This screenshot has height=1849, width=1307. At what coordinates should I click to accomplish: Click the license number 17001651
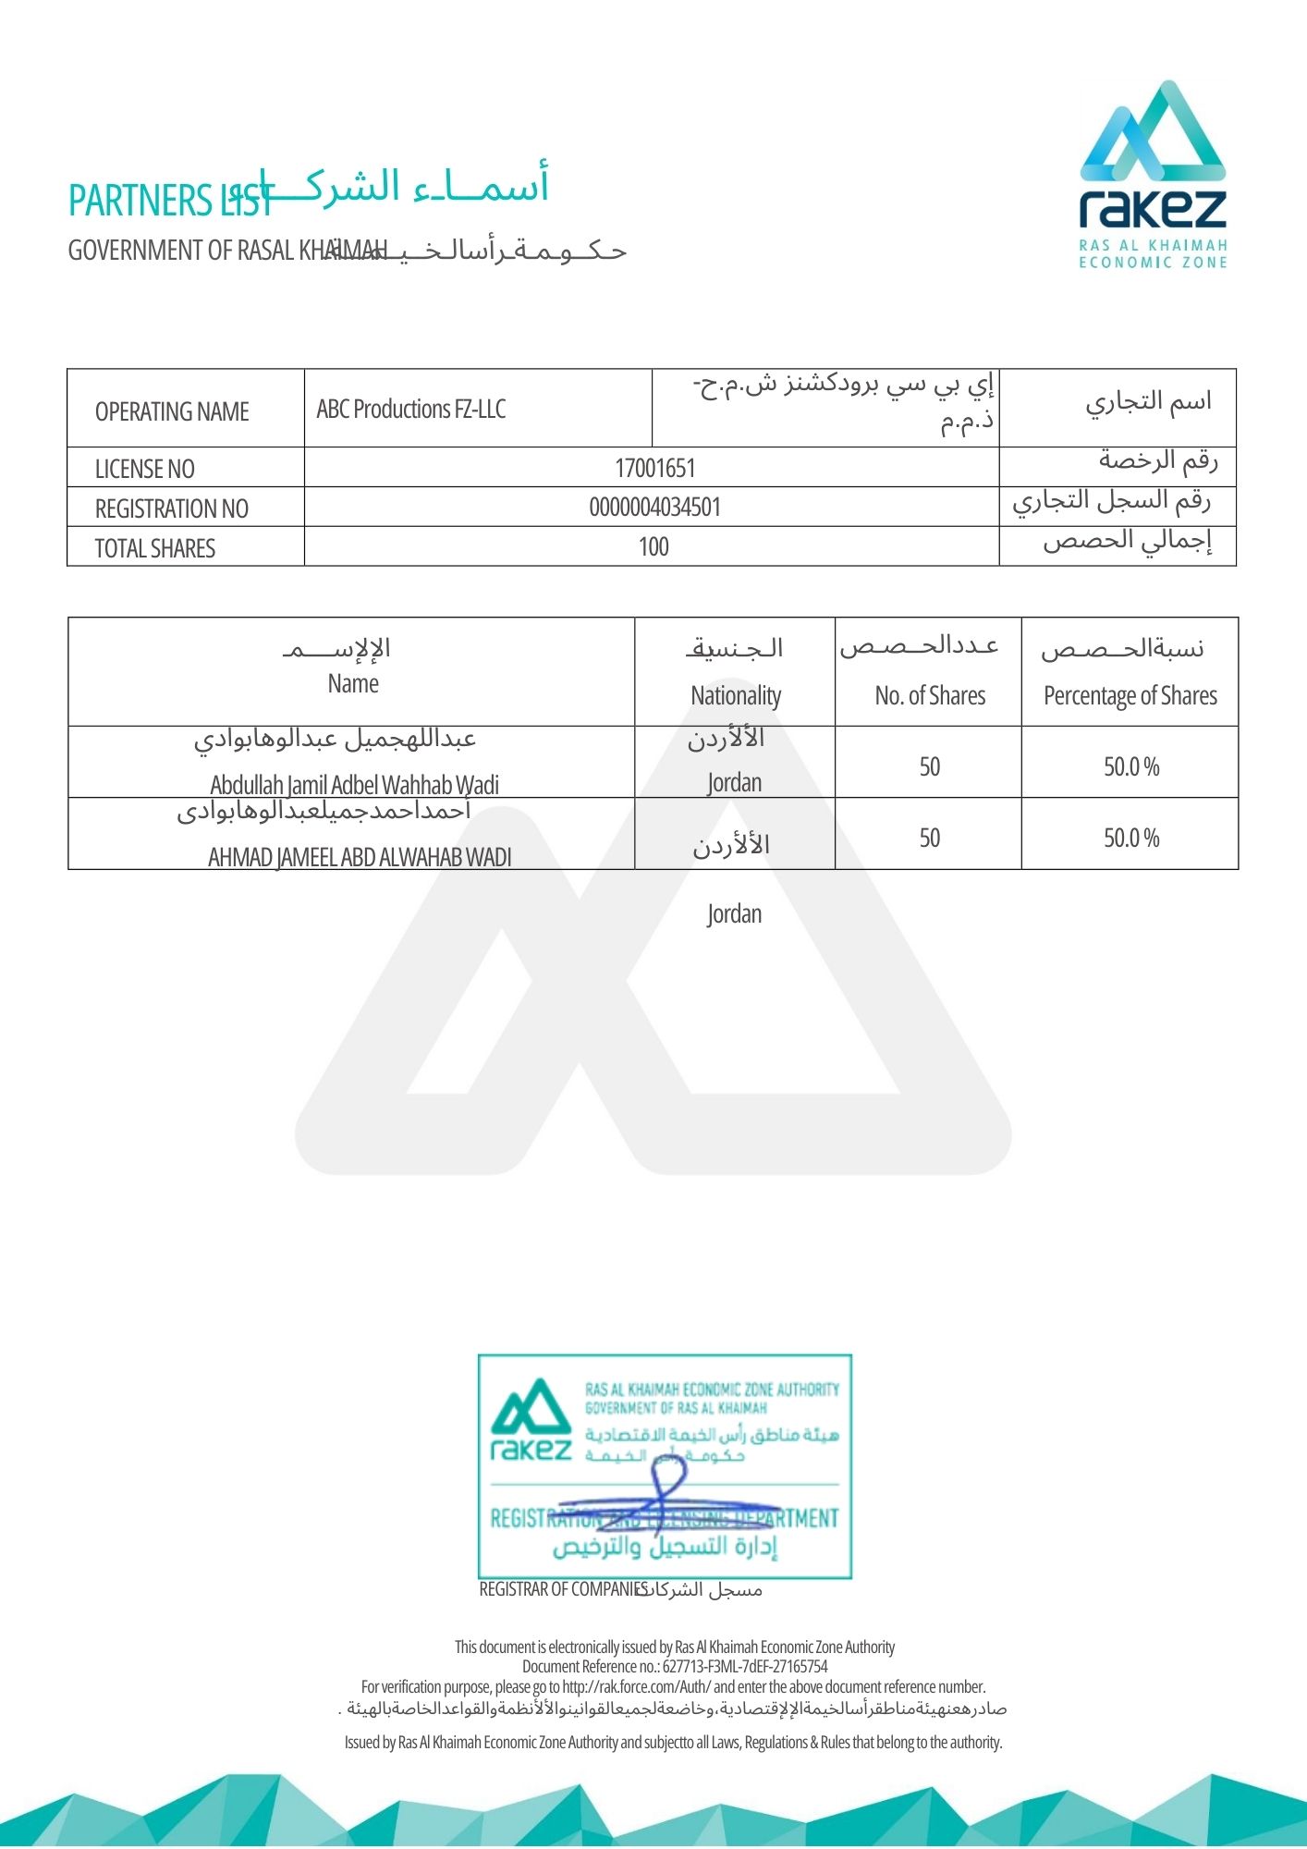click(x=654, y=468)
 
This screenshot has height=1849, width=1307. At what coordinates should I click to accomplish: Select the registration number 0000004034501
click(x=654, y=508)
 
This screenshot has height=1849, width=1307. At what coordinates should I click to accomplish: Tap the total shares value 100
click(x=653, y=546)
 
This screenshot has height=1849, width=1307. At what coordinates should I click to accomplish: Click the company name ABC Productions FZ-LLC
click(x=411, y=409)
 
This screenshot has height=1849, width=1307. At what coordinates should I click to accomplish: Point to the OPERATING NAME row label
click(x=172, y=411)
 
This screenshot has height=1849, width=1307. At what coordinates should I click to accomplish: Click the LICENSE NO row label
click(x=144, y=469)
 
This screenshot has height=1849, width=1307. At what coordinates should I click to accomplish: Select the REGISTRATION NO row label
click(x=171, y=508)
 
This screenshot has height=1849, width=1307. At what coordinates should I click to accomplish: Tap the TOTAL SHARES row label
click(x=154, y=548)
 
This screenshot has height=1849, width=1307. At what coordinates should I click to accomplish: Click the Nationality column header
click(x=736, y=694)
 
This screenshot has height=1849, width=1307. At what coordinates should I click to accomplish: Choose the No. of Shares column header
click(x=930, y=694)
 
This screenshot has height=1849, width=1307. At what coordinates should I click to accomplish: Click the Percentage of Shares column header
click(x=1130, y=694)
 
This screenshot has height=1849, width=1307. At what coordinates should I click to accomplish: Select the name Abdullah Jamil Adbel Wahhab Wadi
click(x=354, y=785)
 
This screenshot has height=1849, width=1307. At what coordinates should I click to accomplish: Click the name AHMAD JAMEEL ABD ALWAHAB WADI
click(x=359, y=857)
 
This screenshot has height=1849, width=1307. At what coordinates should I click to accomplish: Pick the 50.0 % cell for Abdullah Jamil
click(x=1131, y=766)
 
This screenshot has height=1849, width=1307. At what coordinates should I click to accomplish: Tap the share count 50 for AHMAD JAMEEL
click(x=929, y=838)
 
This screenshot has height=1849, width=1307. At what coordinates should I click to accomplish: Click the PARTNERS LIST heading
click(x=169, y=201)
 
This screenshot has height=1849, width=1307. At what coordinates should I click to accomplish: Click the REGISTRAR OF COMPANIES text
click(x=563, y=1589)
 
